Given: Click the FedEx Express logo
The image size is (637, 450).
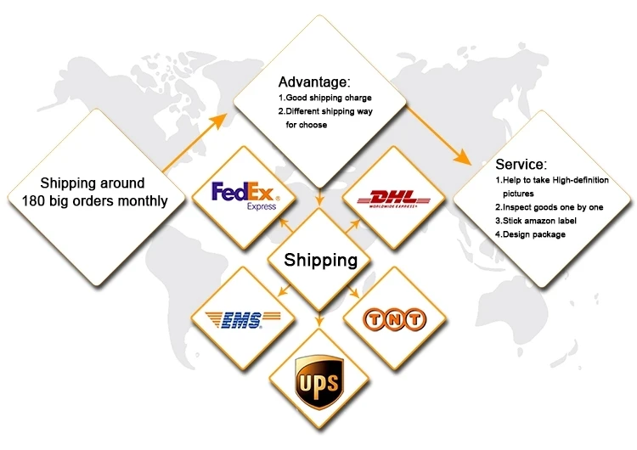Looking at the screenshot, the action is [x=243, y=194].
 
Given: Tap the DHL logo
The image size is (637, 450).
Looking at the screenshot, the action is [x=394, y=199].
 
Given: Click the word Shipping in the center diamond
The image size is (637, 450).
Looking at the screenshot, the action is [x=320, y=260].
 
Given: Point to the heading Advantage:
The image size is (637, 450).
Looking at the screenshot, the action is [x=313, y=82].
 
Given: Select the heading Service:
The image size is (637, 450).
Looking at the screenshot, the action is [x=521, y=164].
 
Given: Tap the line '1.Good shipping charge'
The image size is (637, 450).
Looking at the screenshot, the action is [x=324, y=98].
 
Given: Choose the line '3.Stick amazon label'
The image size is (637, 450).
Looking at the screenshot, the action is [x=535, y=221].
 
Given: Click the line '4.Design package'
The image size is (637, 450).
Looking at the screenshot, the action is [x=530, y=234].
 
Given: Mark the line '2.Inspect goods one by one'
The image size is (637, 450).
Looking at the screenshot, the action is [x=548, y=207].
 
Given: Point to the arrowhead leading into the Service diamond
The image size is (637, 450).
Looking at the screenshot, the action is [x=463, y=158].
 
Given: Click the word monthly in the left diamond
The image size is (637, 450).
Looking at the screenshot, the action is [x=139, y=201].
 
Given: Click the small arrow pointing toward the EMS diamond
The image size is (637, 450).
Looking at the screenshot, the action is [x=285, y=293].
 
